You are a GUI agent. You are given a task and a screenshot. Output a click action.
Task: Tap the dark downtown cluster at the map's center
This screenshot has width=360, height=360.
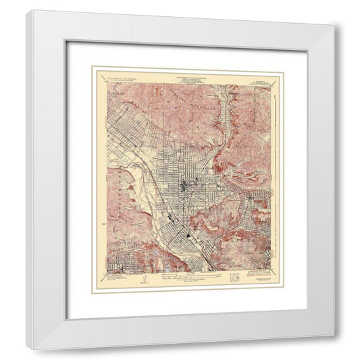[183, 183]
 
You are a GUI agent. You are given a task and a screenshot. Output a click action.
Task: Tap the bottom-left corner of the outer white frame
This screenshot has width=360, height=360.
[26, 332]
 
